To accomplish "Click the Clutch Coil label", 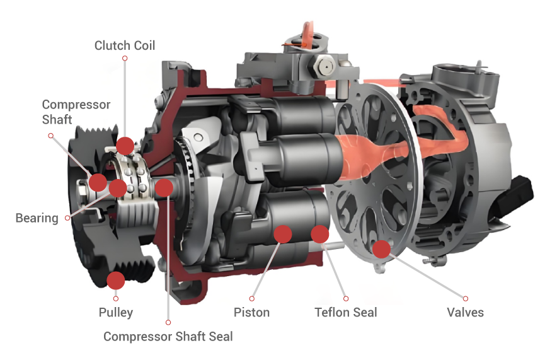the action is tap(124, 45).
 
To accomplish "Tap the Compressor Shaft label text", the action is tap(76, 112).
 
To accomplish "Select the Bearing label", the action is tap(37, 218).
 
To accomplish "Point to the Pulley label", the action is tap(116, 312).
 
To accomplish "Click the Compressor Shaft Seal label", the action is tap(168, 336).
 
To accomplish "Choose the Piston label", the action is tap(251, 312).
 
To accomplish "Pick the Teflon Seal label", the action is tap(346, 312).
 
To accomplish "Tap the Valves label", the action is tap(466, 312).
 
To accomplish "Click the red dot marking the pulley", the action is tap(116, 281).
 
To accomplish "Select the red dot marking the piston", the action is tap(283, 234).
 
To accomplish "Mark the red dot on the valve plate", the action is tap(382, 249).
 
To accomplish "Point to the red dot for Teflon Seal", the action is tap(320, 234).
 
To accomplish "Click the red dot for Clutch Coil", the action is tap(125, 146).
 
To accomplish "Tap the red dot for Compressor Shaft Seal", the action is tap(164, 187).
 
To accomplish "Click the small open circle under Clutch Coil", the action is tap(125, 58).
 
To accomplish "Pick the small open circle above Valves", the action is tap(466, 298).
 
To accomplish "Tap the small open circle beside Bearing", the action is tap(67, 218).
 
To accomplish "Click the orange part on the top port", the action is tap(306, 35).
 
